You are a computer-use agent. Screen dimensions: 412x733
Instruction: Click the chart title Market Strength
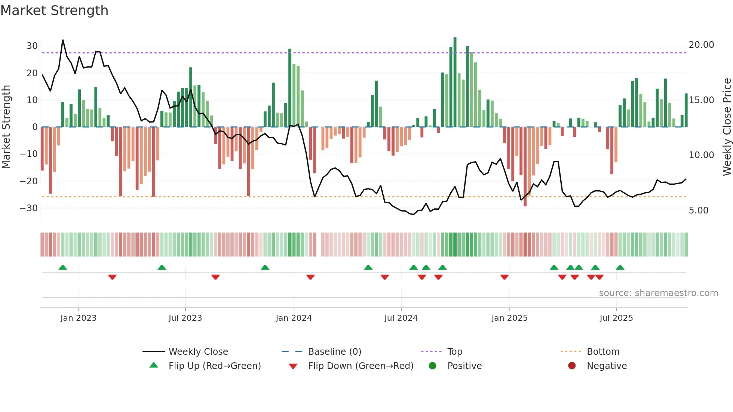tap(54, 10)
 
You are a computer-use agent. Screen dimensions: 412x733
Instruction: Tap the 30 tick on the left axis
tap(32, 46)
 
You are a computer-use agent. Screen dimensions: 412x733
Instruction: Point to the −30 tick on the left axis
tap(29, 208)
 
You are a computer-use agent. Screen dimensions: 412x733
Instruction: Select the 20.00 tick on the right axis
tap(701, 45)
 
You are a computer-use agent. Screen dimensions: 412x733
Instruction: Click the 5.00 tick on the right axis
tap(698, 210)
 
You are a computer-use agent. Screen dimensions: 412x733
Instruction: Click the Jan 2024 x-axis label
tap(294, 318)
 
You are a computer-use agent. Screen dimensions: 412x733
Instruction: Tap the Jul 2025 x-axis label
tap(616, 318)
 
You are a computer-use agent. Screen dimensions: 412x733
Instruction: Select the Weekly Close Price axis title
tap(727, 127)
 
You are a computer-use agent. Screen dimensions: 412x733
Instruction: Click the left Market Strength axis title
tap(6, 127)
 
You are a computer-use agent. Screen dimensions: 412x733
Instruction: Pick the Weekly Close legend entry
tap(198, 352)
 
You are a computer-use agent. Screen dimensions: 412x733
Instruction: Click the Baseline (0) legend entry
tap(334, 352)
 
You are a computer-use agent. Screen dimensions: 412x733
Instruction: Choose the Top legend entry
tap(454, 352)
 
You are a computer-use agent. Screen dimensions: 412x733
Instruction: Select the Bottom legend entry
tap(603, 352)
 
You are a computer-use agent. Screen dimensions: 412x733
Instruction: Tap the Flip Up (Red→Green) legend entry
tap(214, 366)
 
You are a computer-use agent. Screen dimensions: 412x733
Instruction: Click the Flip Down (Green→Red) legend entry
tap(361, 366)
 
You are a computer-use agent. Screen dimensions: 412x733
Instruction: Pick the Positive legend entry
tap(464, 366)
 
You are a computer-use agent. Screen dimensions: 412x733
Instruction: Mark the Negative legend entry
tap(606, 366)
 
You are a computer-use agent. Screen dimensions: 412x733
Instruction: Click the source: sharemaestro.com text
tap(658, 293)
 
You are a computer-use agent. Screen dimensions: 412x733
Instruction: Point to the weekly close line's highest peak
tap(63, 40)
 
